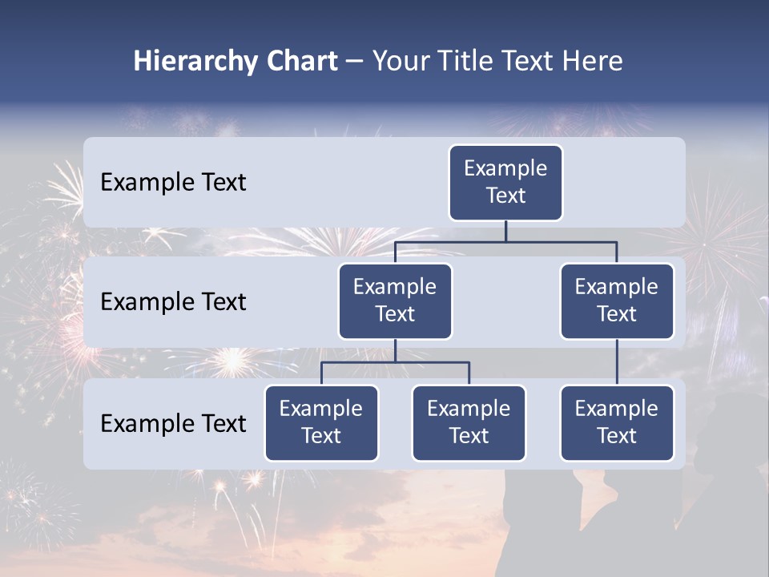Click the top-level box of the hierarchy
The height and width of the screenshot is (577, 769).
(505, 183)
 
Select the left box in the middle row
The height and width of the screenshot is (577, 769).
(395, 301)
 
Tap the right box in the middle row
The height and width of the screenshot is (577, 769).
(617, 301)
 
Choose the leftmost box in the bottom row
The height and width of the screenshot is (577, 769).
(321, 423)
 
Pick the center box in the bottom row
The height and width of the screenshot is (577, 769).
(469, 423)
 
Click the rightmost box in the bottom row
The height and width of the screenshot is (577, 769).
(617, 423)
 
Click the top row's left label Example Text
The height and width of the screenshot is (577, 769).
(173, 183)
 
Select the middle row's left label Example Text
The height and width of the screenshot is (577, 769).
(173, 302)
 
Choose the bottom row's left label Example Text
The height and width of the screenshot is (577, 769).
(173, 423)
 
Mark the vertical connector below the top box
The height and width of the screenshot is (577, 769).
(505, 231)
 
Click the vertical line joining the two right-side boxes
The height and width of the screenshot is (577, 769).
(617, 362)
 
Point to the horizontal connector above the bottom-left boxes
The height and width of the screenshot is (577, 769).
(395, 362)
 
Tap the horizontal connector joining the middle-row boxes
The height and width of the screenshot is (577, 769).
(505, 241)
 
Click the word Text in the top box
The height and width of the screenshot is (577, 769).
(505, 196)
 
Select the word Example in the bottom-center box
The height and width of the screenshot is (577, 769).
(469, 409)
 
